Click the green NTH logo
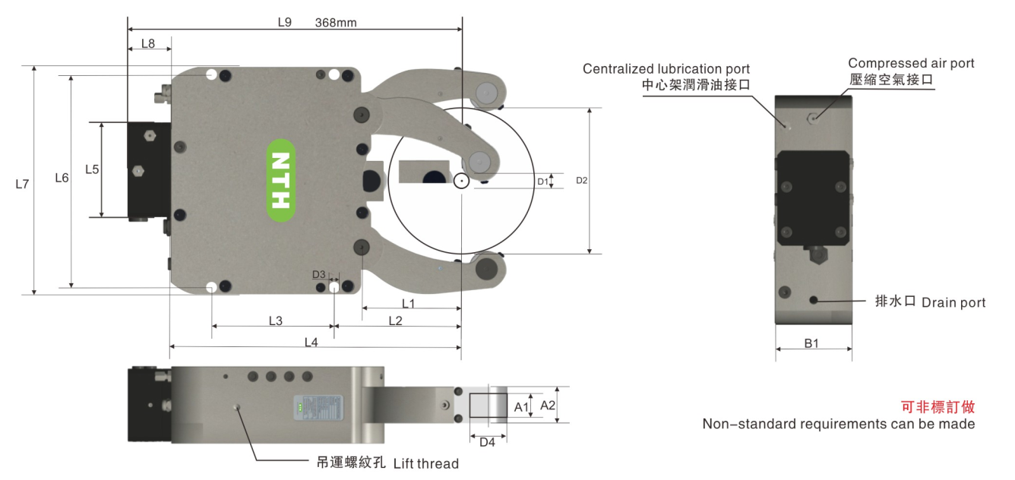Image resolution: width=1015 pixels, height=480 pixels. (281, 180)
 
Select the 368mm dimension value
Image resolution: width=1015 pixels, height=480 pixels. (336, 23)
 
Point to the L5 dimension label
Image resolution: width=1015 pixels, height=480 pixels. (92, 169)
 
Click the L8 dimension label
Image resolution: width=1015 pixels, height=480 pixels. (148, 44)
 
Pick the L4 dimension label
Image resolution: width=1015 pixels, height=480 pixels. (311, 343)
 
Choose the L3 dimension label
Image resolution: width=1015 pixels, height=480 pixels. (276, 321)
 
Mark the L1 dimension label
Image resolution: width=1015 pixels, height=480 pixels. (408, 304)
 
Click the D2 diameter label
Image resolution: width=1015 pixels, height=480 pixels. (581, 181)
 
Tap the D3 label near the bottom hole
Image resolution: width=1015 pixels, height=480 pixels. (319, 274)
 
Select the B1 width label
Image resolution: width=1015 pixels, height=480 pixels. (811, 343)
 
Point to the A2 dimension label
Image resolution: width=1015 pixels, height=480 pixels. (548, 406)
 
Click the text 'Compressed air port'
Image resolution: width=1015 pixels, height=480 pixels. (911, 63)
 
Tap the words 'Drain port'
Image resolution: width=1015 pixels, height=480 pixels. (953, 303)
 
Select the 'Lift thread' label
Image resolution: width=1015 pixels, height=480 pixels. (425, 463)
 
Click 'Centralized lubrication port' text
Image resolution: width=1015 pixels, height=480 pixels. (666, 69)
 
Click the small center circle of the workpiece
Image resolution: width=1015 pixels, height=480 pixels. (460, 182)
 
